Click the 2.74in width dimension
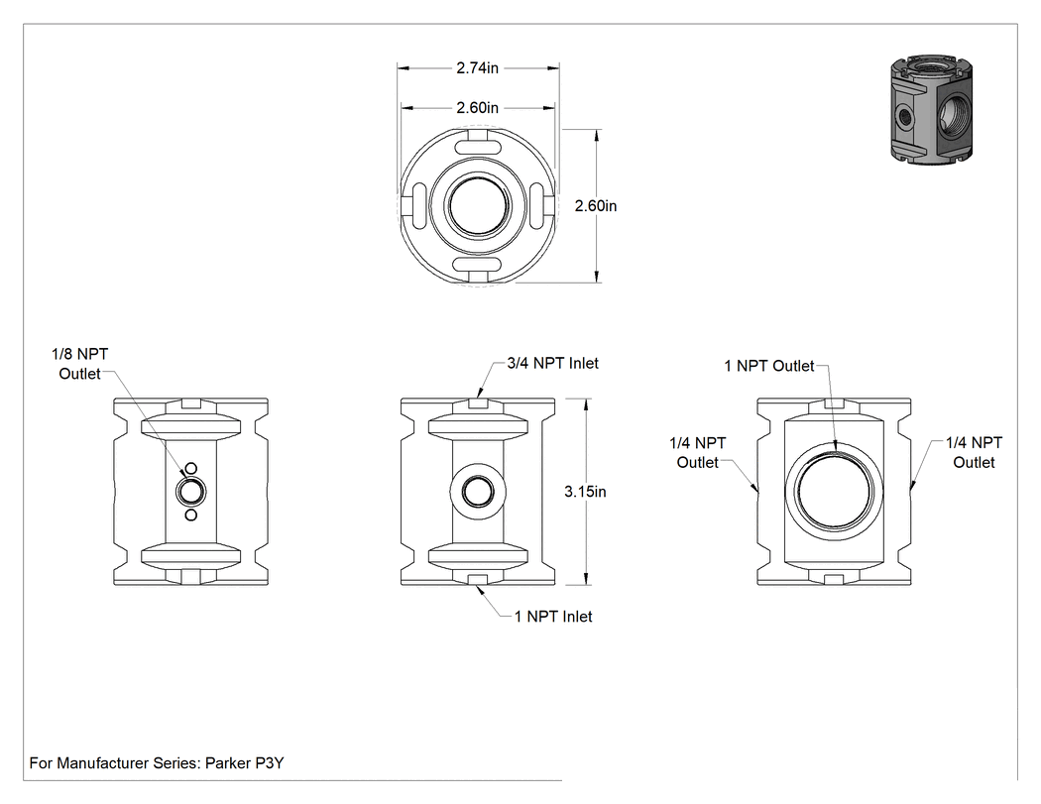pyautogui.click(x=477, y=67)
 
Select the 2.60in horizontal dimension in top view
pyautogui.click(x=477, y=107)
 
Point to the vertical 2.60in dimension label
pyautogui.click(x=596, y=206)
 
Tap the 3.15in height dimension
pyautogui.click(x=585, y=492)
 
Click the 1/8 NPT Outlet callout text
pyautogui.click(x=79, y=364)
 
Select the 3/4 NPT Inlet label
pyautogui.click(x=553, y=363)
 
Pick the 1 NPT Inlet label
pyautogui.click(x=553, y=616)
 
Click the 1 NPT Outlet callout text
pyautogui.click(x=768, y=366)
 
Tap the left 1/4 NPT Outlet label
pyautogui.click(x=698, y=452)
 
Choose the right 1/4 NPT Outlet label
pyautogui.click(x=974, y=452)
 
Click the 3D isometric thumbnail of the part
pyautogui.click(x=931, y=109)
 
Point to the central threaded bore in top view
pyautogui.click(x=478, y=205)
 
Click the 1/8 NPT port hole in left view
pyautogui.click(x=191, y=492)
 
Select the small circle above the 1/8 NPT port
pyautogui.click(x=191, y=469)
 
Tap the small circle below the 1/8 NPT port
pyautogui.click(x=191, y=516)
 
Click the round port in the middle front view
pyautogui.click(x=478, y=492)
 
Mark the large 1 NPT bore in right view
pyautogui.click(x=835, y=492)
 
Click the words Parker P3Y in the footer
pyautogui.click(x=244, y=762)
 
